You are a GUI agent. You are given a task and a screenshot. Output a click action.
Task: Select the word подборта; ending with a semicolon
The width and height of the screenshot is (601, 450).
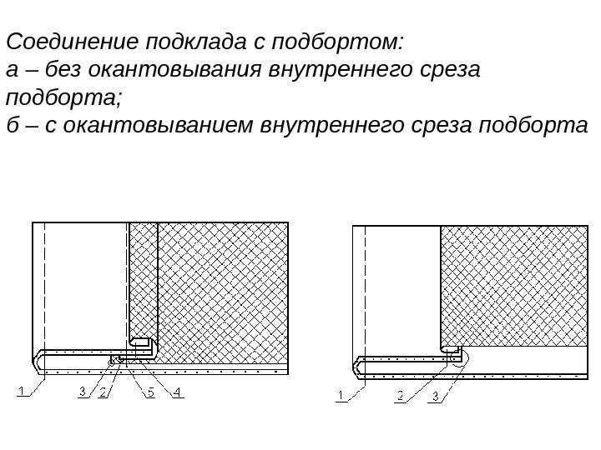coord(63,98)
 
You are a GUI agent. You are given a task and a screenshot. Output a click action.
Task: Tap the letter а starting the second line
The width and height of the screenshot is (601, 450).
coord(12,70)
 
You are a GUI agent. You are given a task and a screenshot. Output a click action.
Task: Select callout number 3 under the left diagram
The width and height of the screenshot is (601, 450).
coord(83,391)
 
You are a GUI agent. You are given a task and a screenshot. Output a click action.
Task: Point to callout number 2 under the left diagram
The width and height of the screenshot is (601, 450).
coord(103,391)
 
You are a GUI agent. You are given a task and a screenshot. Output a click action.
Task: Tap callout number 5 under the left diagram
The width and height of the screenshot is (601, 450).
coord(151,391)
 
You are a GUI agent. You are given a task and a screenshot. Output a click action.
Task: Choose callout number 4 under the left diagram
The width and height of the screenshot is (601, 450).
coord(178,391)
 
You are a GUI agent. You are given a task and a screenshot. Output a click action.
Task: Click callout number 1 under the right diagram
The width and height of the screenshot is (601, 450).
coord(341,396)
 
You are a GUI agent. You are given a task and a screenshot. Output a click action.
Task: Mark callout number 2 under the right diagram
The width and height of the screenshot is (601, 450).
coord(400,396)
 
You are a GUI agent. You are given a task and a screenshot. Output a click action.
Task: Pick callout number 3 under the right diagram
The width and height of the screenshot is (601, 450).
coord(434,396)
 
